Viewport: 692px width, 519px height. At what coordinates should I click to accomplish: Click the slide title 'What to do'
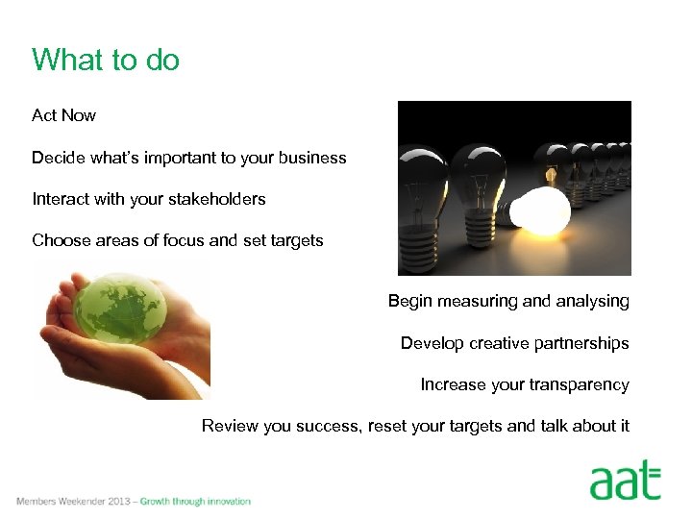pyautogui.click(x=106, y=61)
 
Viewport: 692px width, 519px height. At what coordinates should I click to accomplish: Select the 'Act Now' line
pyautogui.click(x=63, y=115)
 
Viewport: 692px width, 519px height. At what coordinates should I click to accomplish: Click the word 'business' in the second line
pyautogui.click(x=311, y=158)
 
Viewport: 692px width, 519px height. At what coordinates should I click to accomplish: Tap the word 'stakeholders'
pyautogui.click(x=219, y=199)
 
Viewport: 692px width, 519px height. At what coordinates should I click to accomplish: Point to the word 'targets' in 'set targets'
pyautogui.click(x=296, y=240)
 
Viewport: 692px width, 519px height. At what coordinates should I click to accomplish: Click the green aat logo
pyautogui.click(x=625, y=480)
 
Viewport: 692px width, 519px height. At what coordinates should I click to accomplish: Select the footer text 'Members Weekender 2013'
pyautogui.click(x=73, y=502)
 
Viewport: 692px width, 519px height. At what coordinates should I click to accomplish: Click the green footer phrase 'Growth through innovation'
pyautogui.click(x=195, y=502)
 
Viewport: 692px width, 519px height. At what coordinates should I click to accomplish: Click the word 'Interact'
pyautogui.click(x=62, y=199)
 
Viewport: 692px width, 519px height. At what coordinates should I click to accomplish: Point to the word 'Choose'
pyautogui.click(x=61, y=240)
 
